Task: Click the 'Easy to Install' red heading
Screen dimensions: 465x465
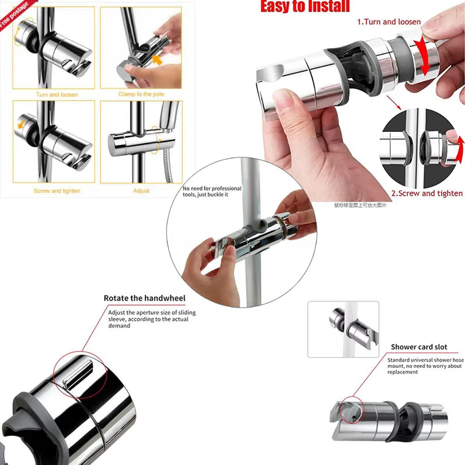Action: click(305, 6)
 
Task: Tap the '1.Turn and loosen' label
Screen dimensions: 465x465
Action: click(389, 22)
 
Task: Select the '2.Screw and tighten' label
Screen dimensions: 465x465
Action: click(427, 194)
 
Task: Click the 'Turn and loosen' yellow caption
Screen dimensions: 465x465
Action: click(56, 94)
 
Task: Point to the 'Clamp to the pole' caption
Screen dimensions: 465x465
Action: click(141, 94)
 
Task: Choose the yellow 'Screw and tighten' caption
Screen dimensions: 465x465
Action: click(56, 191)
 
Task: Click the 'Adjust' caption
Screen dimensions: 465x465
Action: click(141, 191)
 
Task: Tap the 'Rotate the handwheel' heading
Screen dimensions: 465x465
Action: click(144, 298)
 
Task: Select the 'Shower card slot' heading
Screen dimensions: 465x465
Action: click(419, 347)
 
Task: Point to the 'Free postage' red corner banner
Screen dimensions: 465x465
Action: click(13, 13)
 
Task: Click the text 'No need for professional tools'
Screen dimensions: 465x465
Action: click(212, 192)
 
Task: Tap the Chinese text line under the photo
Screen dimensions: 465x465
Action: click(360, 205)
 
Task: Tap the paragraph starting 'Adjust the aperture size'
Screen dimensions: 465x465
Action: click(152, 319)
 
